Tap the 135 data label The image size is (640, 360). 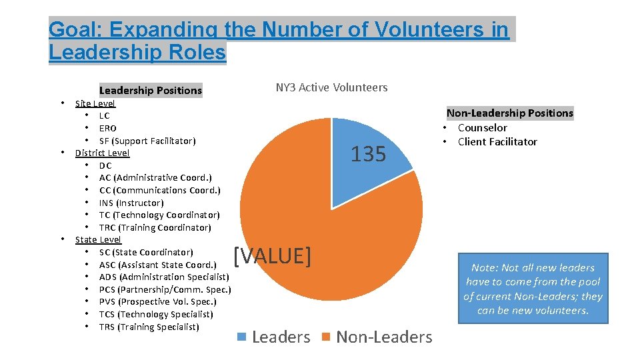(x=368, y=154)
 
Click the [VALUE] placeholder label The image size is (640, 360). (x=272, y=255)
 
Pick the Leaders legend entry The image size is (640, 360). (x=274, y=337)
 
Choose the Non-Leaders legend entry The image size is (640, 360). (x=377, y=337)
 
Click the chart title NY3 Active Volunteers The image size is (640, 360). (x=331, y=87)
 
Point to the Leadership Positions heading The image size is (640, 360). (x=150, y=90)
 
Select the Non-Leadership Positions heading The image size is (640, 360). (x=509, y=113)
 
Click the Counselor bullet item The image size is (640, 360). (x=482, y=127)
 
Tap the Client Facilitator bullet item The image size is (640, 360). (x=497, y=141)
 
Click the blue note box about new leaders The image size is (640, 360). (x=533, y=289)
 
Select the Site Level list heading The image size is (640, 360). (x=95, y=103)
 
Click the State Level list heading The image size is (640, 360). (x=98, y=239)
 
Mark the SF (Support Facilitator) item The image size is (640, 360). (x=147, y=141)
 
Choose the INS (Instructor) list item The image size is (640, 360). (x=131, y=203)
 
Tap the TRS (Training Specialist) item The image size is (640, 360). (x=149, y=327)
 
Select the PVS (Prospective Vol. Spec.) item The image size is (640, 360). (x=157, y=301)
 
